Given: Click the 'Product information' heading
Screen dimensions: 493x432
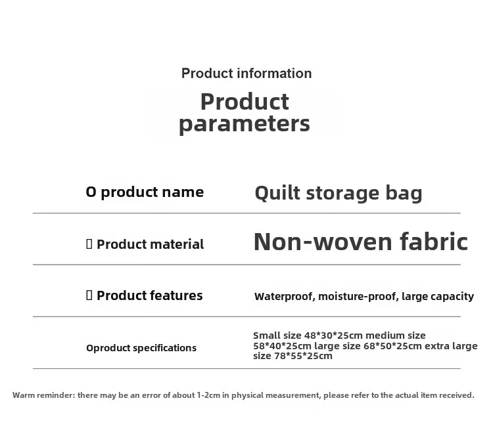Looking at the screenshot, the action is point(246,74).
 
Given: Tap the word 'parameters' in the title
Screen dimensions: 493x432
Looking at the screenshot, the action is point(245,124).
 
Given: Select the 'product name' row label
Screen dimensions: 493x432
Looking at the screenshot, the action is point(153,192).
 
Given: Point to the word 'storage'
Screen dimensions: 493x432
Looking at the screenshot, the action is point(342,194).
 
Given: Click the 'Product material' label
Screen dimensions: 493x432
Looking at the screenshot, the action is point(151,244).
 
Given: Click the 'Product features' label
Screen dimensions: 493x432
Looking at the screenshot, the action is point(150,295).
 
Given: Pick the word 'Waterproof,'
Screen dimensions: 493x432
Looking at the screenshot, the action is point(285,296).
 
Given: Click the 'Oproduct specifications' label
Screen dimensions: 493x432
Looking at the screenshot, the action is point(141,348).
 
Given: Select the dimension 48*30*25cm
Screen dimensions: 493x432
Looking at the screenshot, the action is point(333,335).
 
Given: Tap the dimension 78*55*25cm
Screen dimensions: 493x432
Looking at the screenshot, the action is point(304,356).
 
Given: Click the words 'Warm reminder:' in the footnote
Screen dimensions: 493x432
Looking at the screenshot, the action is point(44,395).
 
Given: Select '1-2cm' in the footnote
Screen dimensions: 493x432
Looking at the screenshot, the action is point(208,395).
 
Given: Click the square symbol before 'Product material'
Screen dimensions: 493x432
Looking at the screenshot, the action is point(89,244).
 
